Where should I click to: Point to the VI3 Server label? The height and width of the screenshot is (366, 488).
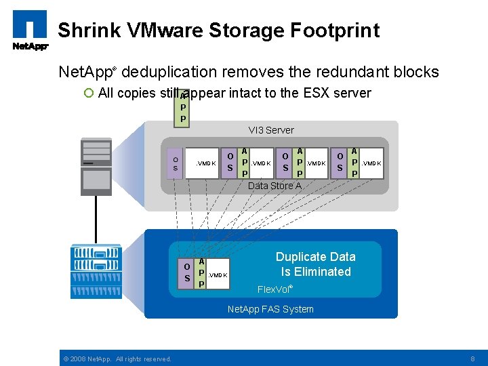click(271, 130)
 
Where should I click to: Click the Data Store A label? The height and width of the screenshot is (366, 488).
click(274, 186)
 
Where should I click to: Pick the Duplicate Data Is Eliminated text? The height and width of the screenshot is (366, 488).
click(315, 264)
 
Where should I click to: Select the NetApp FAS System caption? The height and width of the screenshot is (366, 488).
click(270, 310)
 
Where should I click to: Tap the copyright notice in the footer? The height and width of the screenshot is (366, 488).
click(117, 359)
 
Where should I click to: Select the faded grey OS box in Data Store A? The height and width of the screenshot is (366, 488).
click(175, 163)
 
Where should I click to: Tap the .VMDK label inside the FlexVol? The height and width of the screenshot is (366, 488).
click(218, 274)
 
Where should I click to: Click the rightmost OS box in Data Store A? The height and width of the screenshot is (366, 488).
click(340, 163)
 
